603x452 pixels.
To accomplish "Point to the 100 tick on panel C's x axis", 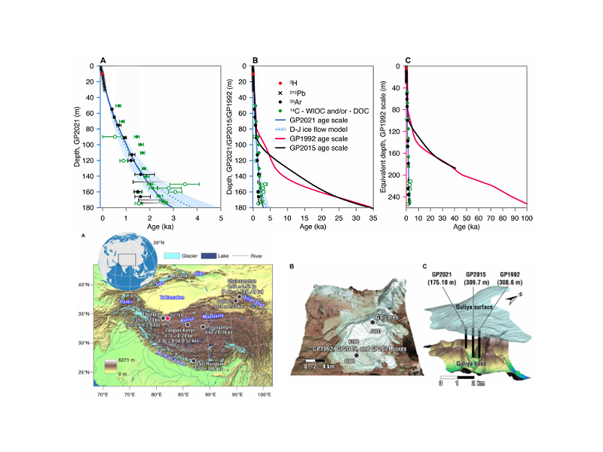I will click(x=525, y=215).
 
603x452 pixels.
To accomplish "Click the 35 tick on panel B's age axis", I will click(x=372, y=215).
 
